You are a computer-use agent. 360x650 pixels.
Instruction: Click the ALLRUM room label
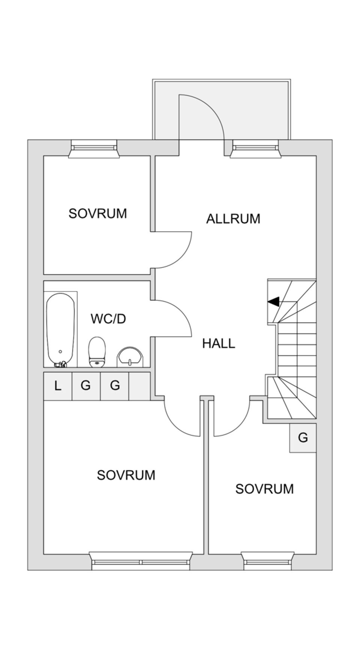coord(233,219)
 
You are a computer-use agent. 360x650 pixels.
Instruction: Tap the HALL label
coord(219,343)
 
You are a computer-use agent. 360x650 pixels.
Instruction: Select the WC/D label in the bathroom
coord(108,319)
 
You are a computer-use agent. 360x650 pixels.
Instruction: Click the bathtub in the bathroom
coord(60,329)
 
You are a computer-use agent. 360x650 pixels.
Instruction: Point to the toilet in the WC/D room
coord(97,351)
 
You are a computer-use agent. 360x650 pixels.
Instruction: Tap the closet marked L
coord(57,386)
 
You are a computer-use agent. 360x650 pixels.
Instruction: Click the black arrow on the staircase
coord(274,301)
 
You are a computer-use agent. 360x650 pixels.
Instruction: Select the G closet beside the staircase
coord(303,438)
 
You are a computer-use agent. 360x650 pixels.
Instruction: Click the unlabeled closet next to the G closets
coord(139,386)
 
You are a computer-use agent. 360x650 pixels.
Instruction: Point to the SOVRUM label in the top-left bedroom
coord(97,214)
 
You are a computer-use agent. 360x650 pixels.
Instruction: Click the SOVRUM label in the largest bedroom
coord(126,475)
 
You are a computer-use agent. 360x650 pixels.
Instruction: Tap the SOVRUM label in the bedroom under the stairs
coord(264,489)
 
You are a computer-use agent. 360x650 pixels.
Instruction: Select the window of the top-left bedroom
coord(94,148)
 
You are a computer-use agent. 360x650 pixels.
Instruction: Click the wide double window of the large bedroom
coord(141,561)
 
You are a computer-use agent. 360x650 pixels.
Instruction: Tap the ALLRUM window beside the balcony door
coord(255,148)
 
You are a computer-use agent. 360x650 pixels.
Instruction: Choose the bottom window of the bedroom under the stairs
coord(267,561)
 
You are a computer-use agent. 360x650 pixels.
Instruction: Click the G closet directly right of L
coord(86,386)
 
